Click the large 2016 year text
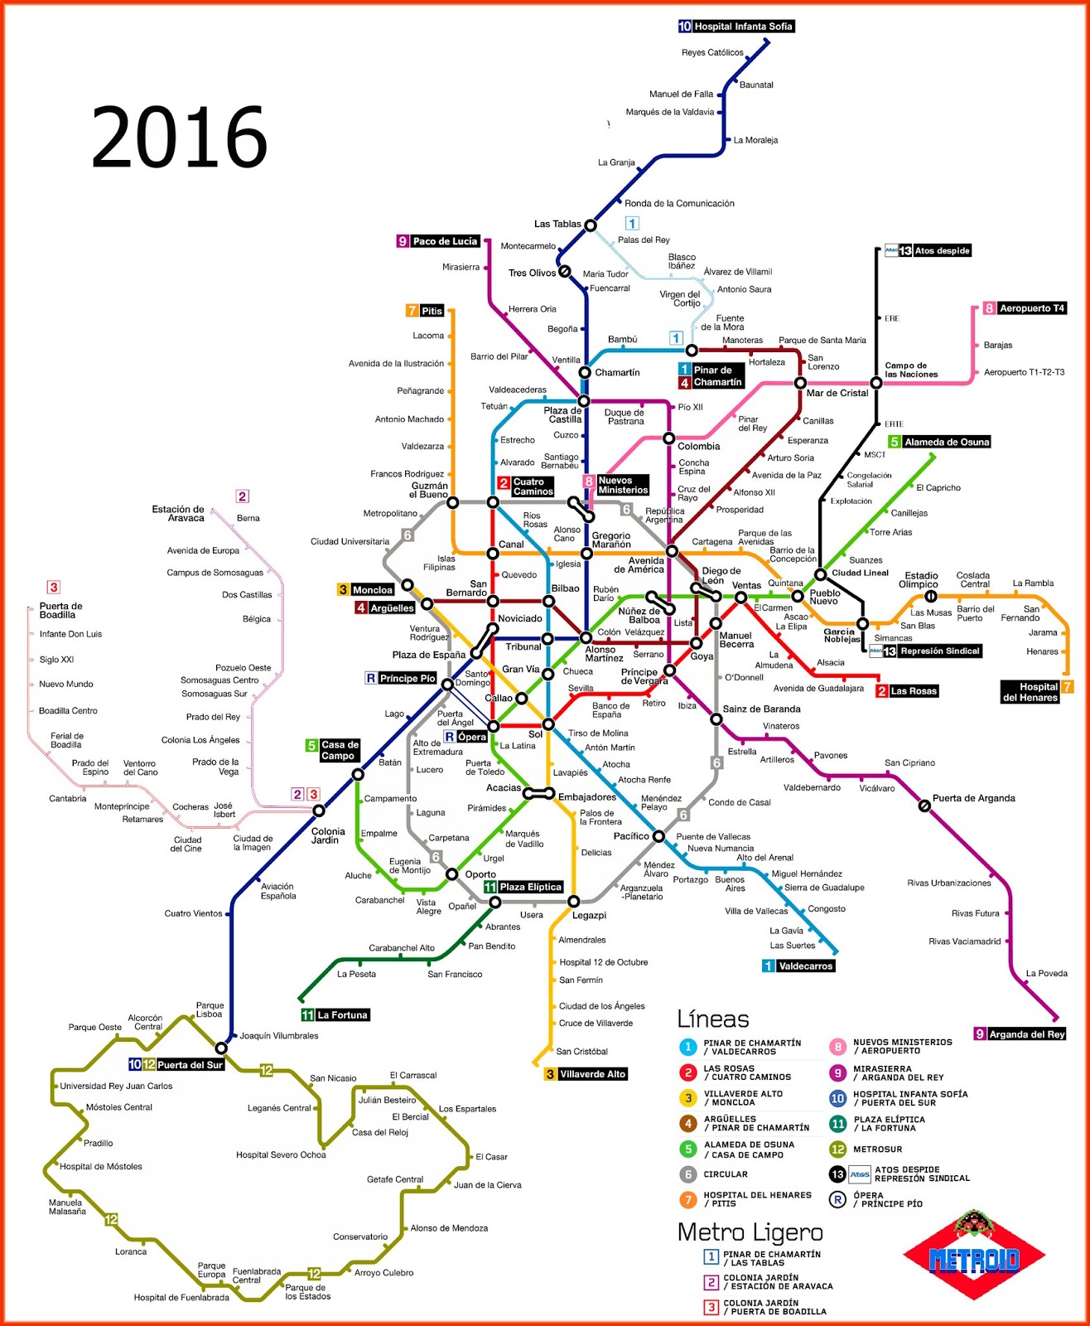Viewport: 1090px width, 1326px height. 179,138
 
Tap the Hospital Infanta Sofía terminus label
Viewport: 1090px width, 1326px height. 736,27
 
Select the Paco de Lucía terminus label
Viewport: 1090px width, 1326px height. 438,241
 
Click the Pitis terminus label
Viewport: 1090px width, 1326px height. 425,311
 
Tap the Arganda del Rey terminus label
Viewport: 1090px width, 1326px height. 1020,1033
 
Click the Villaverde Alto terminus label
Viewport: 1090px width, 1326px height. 586,1074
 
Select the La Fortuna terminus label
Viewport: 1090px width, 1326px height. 335,1015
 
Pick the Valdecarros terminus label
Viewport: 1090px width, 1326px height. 798,965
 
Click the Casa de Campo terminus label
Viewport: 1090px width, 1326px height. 333,750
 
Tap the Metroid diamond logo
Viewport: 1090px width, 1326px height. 974,1258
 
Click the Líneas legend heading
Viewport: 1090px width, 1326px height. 713,1019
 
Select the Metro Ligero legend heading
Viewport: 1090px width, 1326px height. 750,1232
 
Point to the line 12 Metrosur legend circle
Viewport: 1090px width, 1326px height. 838,1149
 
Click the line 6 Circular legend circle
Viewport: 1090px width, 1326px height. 687,1174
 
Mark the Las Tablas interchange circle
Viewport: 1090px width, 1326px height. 591,225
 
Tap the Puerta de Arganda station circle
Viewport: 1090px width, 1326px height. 924,805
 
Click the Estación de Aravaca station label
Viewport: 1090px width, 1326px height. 178,514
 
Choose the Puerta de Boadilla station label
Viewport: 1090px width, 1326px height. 60,610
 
